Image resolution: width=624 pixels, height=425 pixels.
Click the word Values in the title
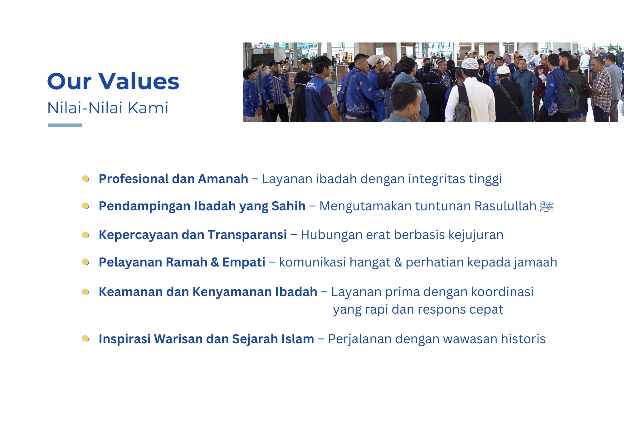coord(139,81)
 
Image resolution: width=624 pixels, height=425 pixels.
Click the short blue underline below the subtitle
coord(65,125)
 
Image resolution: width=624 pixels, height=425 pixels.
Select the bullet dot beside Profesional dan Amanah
coord(85,179)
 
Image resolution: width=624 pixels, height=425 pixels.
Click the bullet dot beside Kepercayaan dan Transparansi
coord(85,235)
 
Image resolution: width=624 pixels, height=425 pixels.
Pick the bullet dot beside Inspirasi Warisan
coord(85,339)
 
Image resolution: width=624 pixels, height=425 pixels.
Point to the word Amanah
coord(223,179)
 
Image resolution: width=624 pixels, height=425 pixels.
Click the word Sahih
coord(288,206)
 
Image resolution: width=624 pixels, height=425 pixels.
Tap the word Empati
coord(244,262)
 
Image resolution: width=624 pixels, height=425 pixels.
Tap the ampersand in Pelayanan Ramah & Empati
coord(215,262)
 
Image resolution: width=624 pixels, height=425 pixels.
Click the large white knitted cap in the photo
coord(470,64)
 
